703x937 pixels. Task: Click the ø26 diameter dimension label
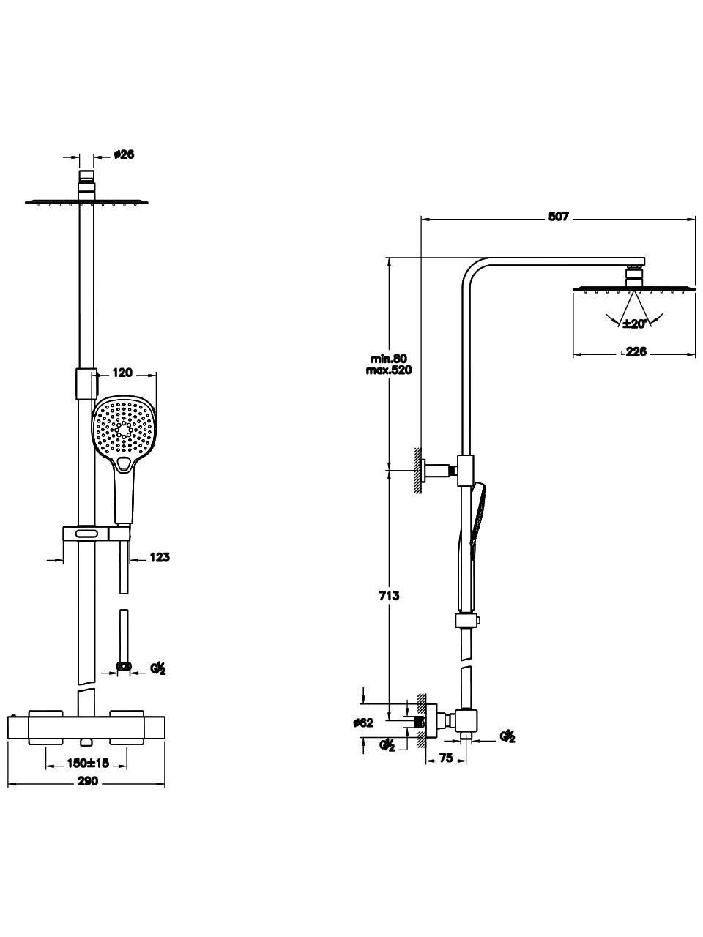coord(124,154)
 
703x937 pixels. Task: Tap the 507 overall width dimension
coord(558,217)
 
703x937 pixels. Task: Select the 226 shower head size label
coord(636,351)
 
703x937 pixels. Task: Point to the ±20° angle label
coord(634,324)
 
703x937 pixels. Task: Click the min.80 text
coord(389,359)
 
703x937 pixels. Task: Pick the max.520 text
coord(389,370)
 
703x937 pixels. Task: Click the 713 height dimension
coord(390,595)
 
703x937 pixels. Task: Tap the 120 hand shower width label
coord(122,373)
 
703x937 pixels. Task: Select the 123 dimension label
coord(160,557)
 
